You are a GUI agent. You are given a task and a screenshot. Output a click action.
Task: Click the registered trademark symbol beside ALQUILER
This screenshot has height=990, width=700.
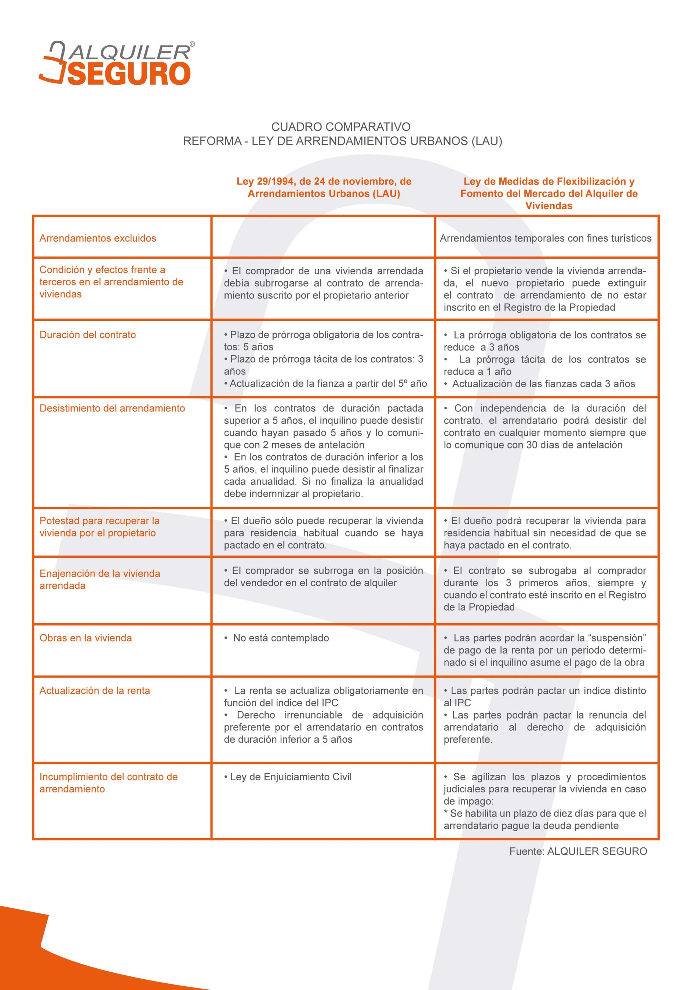point(192,44)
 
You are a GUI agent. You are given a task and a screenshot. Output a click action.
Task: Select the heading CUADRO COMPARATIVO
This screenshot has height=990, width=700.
point(341,127)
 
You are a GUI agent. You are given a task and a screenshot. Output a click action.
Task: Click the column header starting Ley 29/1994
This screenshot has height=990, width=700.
point(324,187)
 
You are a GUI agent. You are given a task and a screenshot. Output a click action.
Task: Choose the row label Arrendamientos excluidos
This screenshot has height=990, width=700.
point(98,238)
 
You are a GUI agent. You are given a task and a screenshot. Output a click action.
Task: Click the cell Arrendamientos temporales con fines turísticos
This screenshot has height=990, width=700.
point(546,238)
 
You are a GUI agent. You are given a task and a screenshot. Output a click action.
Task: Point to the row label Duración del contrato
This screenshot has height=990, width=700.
point(88,335)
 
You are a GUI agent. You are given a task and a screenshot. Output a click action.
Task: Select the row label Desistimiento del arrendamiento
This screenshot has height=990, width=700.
point(112,408)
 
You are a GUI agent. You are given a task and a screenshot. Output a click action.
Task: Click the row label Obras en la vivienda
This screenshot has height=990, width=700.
point(86,638)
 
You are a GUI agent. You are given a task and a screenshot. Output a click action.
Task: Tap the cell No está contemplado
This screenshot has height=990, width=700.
point(281,638)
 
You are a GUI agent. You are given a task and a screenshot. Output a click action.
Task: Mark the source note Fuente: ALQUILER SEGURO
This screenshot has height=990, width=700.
point(578,851)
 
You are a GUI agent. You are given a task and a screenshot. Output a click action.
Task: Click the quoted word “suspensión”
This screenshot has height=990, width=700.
point(617,638)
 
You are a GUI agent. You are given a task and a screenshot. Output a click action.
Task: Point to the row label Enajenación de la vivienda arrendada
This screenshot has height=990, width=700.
point(100,579)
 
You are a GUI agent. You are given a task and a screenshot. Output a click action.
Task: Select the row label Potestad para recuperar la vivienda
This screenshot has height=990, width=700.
point(100,527)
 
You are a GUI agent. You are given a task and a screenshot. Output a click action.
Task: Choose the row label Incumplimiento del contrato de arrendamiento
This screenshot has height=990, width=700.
point(108,782)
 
